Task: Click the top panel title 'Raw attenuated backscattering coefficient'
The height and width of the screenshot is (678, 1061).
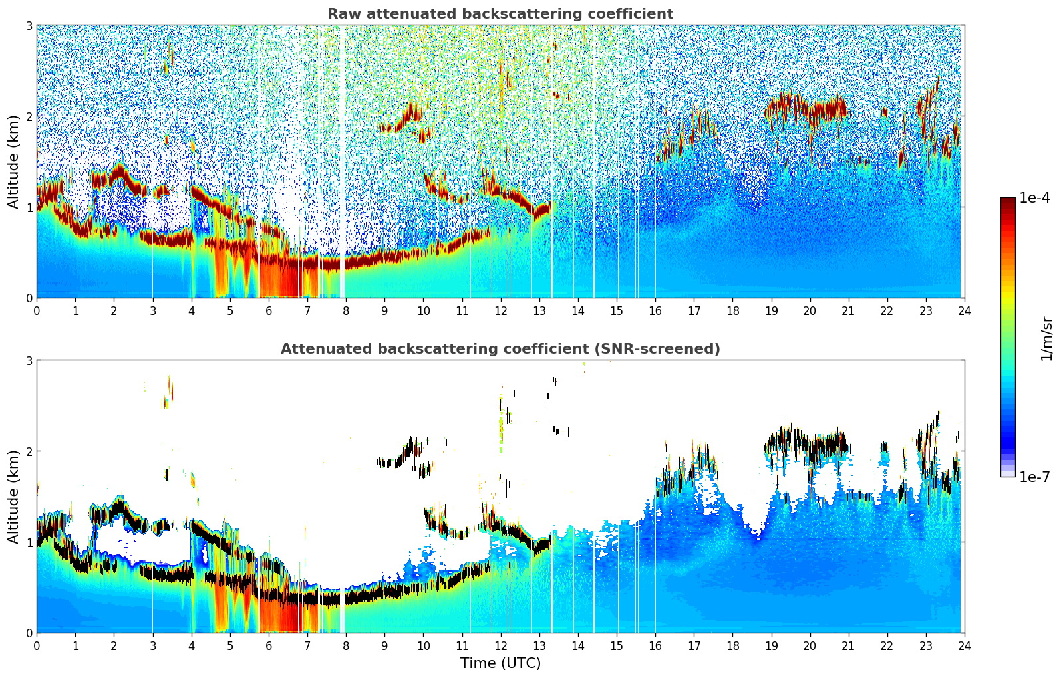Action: click(x=500, y=14)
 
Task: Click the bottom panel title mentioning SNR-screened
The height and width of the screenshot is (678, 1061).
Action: click(x=500, y=349)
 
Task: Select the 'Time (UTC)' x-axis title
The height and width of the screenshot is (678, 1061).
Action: click(x=500, y=663)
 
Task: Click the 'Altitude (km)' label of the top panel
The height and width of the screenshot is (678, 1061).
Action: click(x=13, y=162)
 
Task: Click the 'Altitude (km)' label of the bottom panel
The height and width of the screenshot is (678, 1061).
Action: click(x=13, y=497)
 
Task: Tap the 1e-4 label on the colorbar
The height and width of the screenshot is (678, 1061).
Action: click(x=1034, y=198)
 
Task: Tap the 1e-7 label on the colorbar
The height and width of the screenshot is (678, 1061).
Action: click(x=1034, y=477)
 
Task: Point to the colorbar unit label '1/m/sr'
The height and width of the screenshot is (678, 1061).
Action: click(x=1046, y=338)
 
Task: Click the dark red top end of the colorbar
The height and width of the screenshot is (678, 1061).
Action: click(x=1008, y=201)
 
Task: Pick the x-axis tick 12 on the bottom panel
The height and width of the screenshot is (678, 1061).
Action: click(x=501, y=645)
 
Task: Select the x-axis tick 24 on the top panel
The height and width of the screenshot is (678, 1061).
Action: click(x=964, y=310)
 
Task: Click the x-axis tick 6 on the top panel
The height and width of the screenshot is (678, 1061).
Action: click(x=269, y=310)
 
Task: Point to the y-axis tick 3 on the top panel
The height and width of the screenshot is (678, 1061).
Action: click(x=29, y=25)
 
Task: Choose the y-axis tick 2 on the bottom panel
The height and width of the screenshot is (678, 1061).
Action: click(x=29, y=451)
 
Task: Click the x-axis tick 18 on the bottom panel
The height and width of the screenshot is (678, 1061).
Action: click(x=732, y=645)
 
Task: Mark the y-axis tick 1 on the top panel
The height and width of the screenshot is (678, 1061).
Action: click(x=29, y=207)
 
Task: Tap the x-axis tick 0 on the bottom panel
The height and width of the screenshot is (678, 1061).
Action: click(x=37, y=645)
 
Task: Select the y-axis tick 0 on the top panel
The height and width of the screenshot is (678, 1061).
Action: click(x=29, y=298)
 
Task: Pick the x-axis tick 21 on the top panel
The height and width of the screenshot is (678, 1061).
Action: click(x=848, y=310)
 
